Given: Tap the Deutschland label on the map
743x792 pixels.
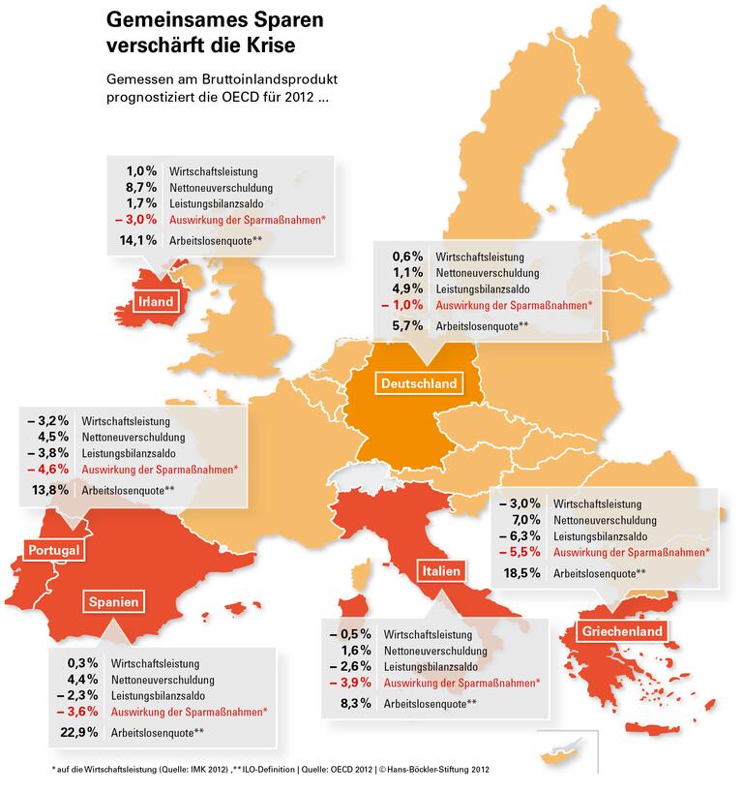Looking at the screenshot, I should [419, 383].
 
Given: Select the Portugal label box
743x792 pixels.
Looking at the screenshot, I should [53, 550].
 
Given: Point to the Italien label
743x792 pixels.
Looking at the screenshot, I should [440, 571].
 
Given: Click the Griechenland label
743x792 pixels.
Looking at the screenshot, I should [622, 632].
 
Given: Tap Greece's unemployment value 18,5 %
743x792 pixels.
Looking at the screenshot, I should [522, 573].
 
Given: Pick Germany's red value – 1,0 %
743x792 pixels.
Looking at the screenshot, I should [405, 305].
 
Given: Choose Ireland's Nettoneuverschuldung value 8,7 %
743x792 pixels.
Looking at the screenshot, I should [143, 186].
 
